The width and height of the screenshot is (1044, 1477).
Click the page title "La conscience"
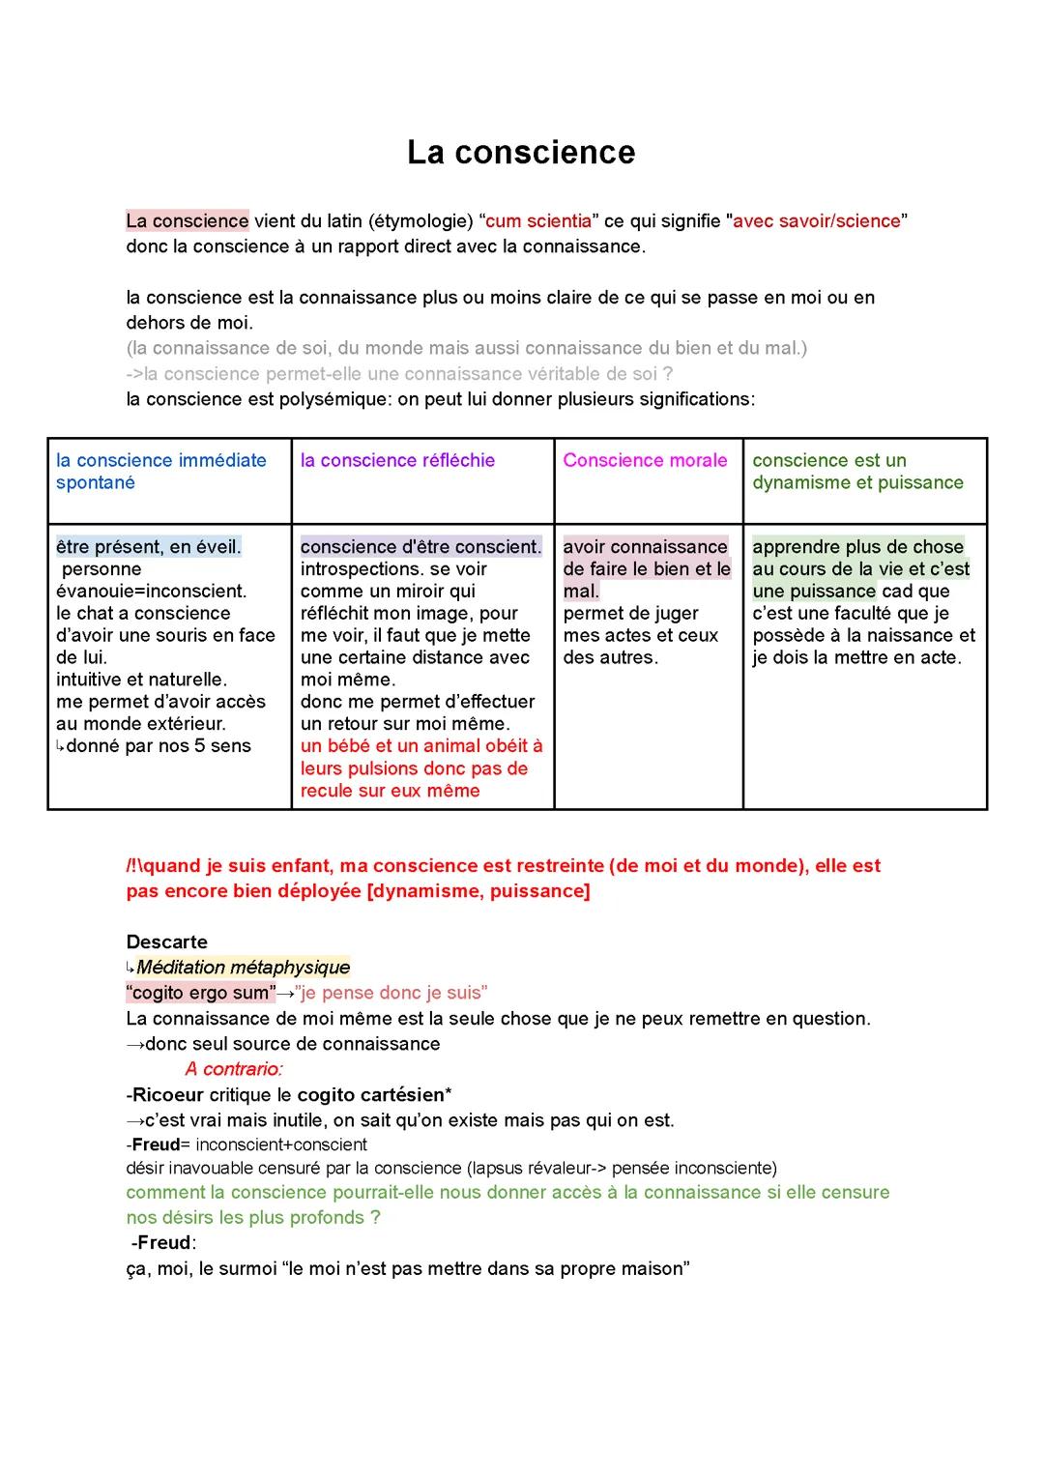[x=521, y=153]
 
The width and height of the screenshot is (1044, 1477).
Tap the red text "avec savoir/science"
[x=817, y=221]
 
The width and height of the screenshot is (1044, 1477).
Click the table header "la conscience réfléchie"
[x=397, y=461]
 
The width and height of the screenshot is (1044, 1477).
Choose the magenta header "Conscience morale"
[x=645, y=461]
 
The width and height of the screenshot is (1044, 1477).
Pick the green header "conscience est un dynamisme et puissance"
[x=857, y=472]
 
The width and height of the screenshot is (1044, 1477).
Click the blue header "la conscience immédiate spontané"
[x=160, y=472]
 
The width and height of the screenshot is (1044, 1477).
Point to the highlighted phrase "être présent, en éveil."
[x=149, y=547]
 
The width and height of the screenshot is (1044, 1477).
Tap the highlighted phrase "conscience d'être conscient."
[x=420, y=547]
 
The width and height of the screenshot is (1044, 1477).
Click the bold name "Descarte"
[x=166, y=942]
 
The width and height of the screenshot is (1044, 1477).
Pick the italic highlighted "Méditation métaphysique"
[x=243, y=968]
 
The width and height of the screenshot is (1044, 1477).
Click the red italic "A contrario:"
[x=233, y=1069]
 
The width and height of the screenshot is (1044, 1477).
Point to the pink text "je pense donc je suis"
[x=394, y=993]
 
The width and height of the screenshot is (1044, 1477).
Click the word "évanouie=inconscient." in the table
[x=151, y=592]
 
